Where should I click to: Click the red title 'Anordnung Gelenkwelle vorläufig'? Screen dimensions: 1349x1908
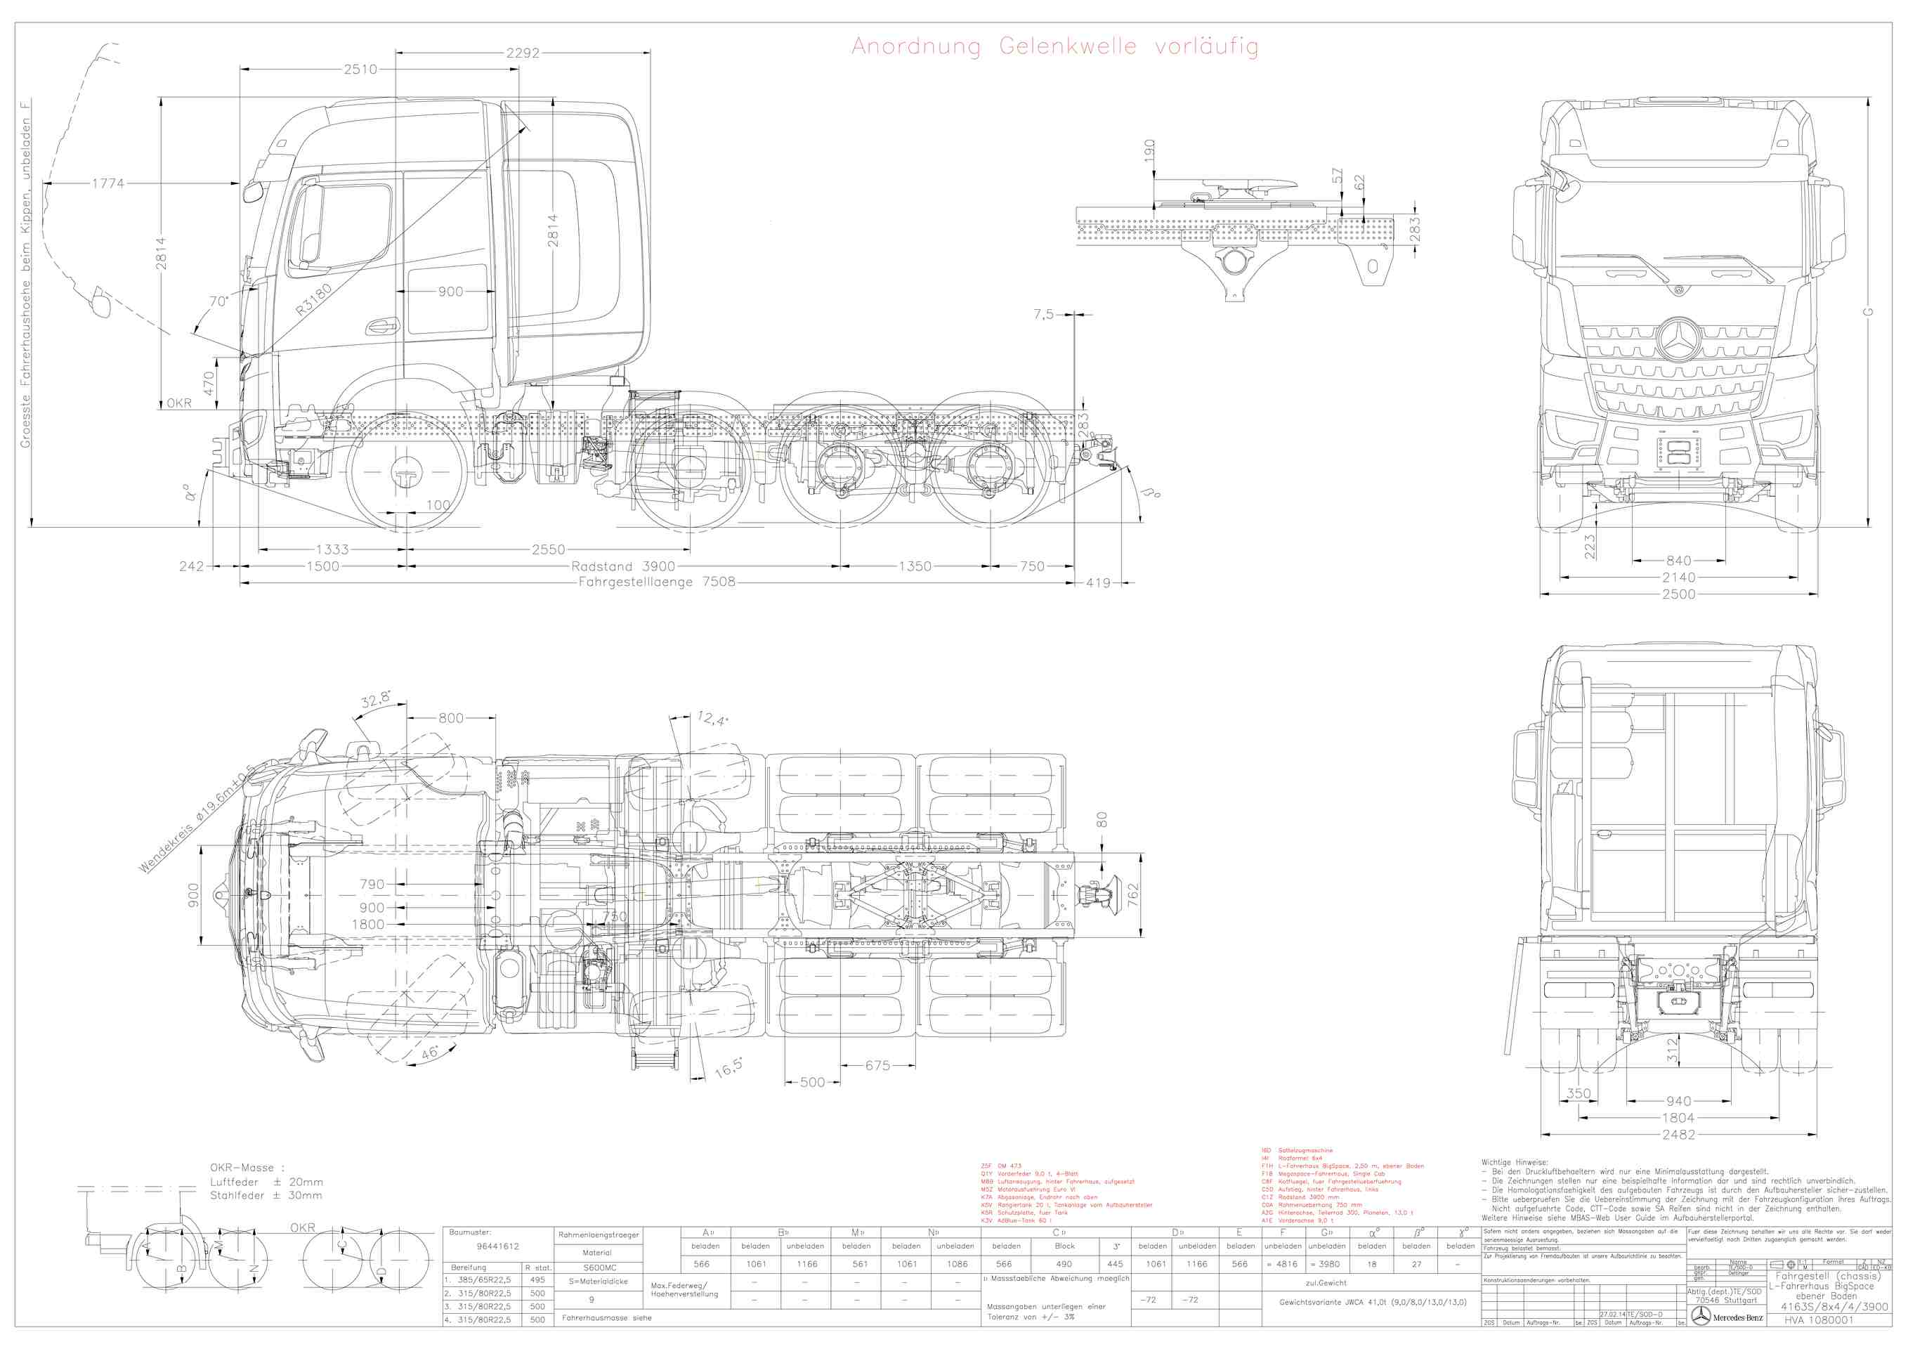click(x=1054, y=46)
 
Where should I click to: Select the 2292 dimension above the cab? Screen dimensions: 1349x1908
click(x=523, y=53)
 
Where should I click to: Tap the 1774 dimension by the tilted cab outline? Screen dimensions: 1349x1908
click(x=108, y=183)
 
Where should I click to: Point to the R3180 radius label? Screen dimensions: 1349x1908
click(x=313, y=299)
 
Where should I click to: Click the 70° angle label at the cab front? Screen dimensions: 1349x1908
click(x=218, y=301)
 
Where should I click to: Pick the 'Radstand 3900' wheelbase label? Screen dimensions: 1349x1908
click(x=622, y=567)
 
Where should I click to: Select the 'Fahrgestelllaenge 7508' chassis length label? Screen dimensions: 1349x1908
click(x=657, y=582)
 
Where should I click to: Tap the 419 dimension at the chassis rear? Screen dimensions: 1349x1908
click(x=1098, y=583)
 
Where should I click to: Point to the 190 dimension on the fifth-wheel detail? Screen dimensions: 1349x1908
click(x=1149, y=150)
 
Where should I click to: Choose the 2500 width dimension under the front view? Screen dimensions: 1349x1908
click(x=1679, y=594)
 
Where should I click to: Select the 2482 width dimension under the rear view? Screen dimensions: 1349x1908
click(x=1679, y=1135)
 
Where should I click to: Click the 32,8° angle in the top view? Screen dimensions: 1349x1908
click(x=376, y=700)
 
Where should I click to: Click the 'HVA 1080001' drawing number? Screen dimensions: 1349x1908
click(x=1818, y=1320)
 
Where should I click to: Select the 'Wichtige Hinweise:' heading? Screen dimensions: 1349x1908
click(x=1514, y=1163)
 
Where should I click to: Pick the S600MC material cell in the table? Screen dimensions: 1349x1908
click(x=599, y=1267)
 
